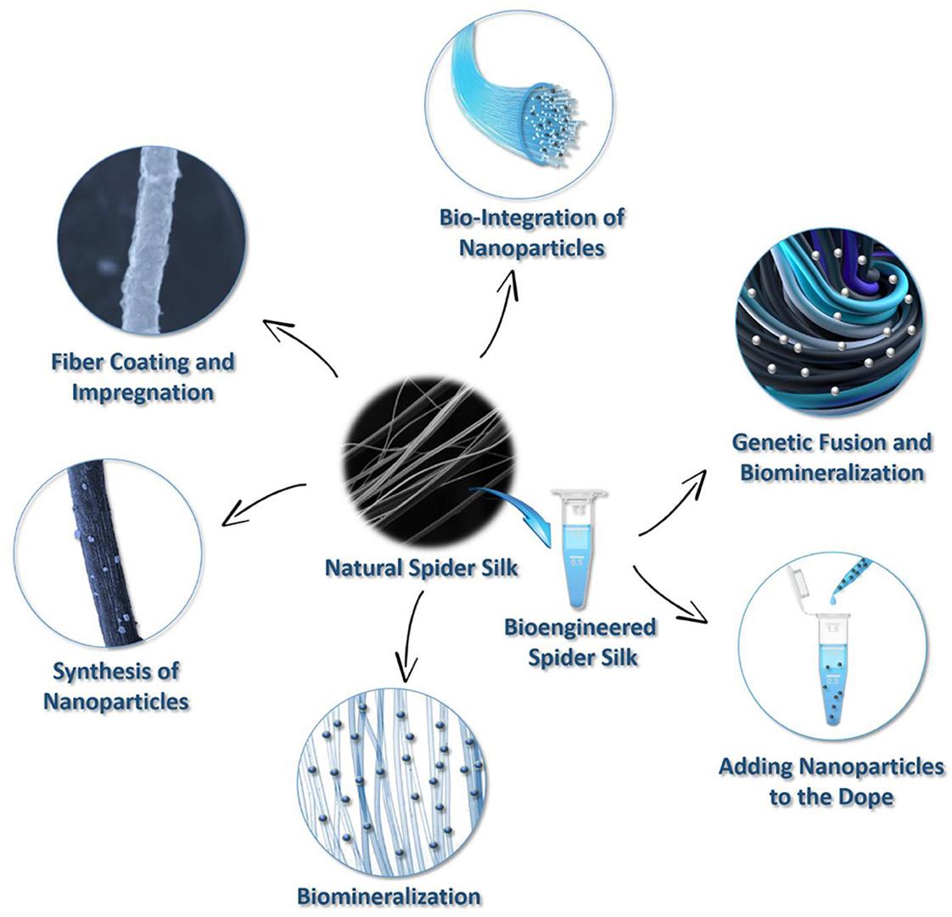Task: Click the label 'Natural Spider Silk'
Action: pos(422,566)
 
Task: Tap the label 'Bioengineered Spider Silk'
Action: pos(581,641)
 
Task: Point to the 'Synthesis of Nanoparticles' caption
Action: pos(116,685)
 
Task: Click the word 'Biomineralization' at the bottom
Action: pos(389,895)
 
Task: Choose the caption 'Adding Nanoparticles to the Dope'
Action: pos(831,780)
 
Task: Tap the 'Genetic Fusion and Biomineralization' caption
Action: pos(832,456)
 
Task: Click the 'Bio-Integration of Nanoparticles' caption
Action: pos(532,232)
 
